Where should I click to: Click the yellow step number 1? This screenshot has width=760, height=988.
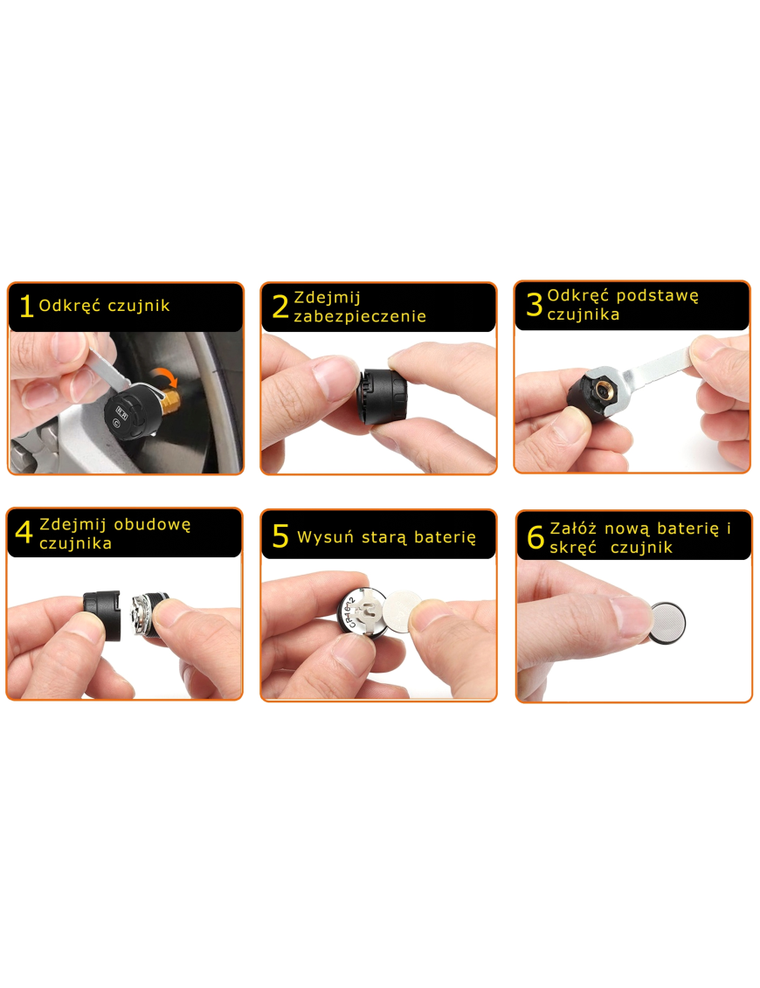[26, 306]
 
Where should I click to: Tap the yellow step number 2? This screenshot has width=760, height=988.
[280, 307]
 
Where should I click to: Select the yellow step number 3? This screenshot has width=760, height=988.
[535, 304]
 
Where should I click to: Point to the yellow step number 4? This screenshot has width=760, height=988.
[24, 532]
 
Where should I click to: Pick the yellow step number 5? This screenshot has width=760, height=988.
[280, 536]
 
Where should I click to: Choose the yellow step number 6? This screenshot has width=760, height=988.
[535, 537]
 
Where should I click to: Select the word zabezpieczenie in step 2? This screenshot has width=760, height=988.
[360, 316]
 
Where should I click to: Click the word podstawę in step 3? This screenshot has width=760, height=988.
[657, 296]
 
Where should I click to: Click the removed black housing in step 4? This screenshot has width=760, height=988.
[102, 614]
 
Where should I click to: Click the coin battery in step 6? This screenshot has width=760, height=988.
[667, 623]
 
